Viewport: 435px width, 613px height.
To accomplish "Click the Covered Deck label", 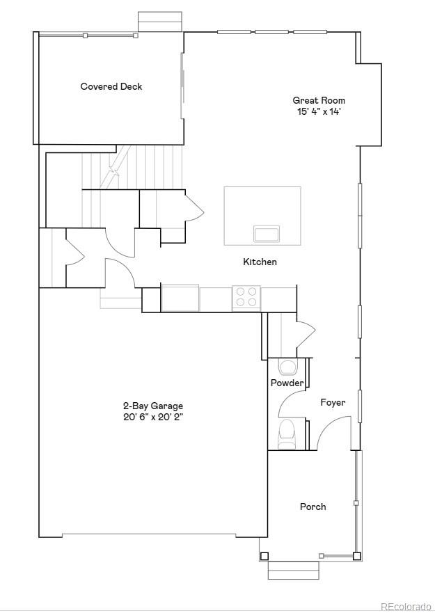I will (111, 86).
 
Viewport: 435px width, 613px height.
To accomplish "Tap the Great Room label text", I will (319, 100).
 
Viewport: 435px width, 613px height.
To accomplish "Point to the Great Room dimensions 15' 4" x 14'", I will (319, 111).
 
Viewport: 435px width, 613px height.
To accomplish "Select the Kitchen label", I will (260, 262).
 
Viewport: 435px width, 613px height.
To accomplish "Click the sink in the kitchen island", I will (267, 233).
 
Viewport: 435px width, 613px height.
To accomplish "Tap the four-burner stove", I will (246, 297).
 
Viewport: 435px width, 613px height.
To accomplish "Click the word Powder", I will (287, 383).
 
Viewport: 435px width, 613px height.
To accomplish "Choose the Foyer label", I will (333, 402).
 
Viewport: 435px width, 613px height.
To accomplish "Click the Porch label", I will (313, 507).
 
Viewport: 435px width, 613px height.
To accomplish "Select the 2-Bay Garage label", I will (153, 406).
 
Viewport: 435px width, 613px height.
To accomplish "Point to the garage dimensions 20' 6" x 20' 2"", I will (153, 417).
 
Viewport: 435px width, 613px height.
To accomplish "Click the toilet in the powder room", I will (287, 433).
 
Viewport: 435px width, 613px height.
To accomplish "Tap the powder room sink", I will (287, 367).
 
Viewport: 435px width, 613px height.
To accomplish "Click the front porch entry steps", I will (293, 570).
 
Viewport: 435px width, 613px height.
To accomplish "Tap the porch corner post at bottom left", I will (264, 556).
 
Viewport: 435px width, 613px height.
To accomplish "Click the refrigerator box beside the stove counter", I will (180, 297).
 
